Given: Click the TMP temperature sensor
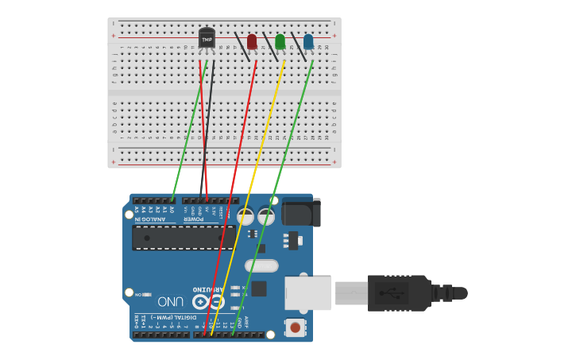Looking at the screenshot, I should tap(207, 38).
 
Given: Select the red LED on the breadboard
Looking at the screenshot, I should tap(252, 41).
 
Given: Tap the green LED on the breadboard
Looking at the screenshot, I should tap(280, 41).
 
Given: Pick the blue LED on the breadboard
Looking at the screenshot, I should tap(308, 41).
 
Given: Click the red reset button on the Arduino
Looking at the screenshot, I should tap(296, 327).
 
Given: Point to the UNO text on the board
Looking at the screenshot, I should tap(171, 301).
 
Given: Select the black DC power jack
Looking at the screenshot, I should tap(301, 212).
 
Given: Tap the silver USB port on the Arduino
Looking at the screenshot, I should tap(307, 292).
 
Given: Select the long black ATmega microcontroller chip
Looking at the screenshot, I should tap(184, 238).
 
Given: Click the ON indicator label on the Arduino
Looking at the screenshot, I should tap(138, 294).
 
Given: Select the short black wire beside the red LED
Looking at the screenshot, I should tap(242, 47).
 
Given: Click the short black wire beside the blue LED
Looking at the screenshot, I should tap(298, 47).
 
